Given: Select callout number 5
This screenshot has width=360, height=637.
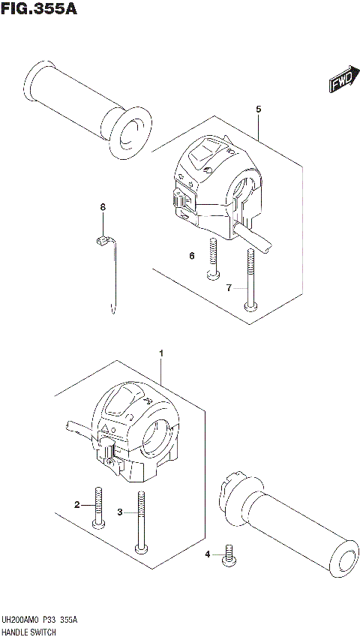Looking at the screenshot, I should (258, 110).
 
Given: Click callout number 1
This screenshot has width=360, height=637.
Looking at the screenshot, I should (160, 352).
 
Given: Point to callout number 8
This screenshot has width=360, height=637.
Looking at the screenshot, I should (103, 207).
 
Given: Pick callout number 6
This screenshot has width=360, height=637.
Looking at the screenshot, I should (192, 256).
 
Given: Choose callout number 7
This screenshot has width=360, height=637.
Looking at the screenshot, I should (230, 287).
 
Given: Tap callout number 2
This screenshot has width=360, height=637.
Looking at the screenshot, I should (76, 505).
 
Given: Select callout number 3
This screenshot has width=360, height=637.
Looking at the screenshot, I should (119, 512).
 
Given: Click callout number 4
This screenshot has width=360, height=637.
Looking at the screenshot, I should (208, 554).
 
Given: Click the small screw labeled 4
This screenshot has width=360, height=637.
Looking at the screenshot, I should (227, 556).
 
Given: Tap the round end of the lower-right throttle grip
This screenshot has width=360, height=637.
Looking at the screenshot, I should (345, 559).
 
